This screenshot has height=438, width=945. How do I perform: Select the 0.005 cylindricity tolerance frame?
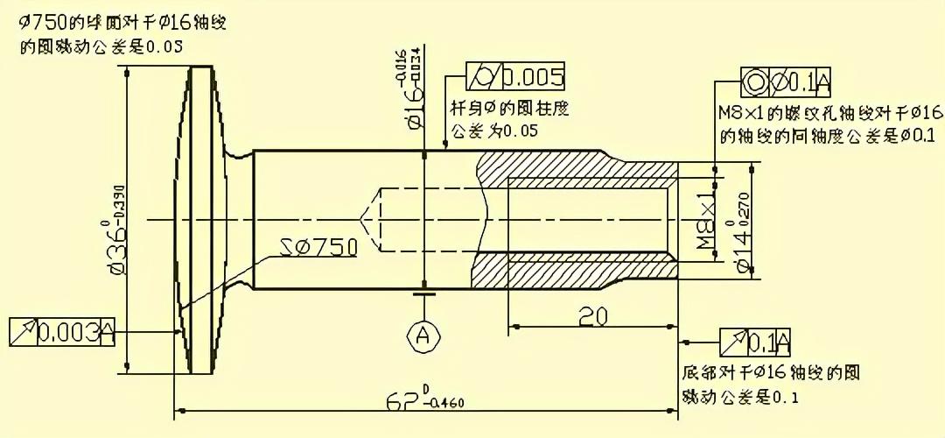(515, 77)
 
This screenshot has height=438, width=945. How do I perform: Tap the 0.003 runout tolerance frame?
(62, 332)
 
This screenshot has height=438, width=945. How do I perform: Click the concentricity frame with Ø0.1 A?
(786, 81)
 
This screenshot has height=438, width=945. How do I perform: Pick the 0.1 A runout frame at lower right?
(754, 341)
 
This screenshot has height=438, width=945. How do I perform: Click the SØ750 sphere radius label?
(320, 247)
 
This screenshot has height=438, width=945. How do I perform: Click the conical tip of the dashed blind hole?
(366, 218)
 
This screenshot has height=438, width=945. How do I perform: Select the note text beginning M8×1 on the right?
(828, 125)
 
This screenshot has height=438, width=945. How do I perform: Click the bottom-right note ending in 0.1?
(769, 385)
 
